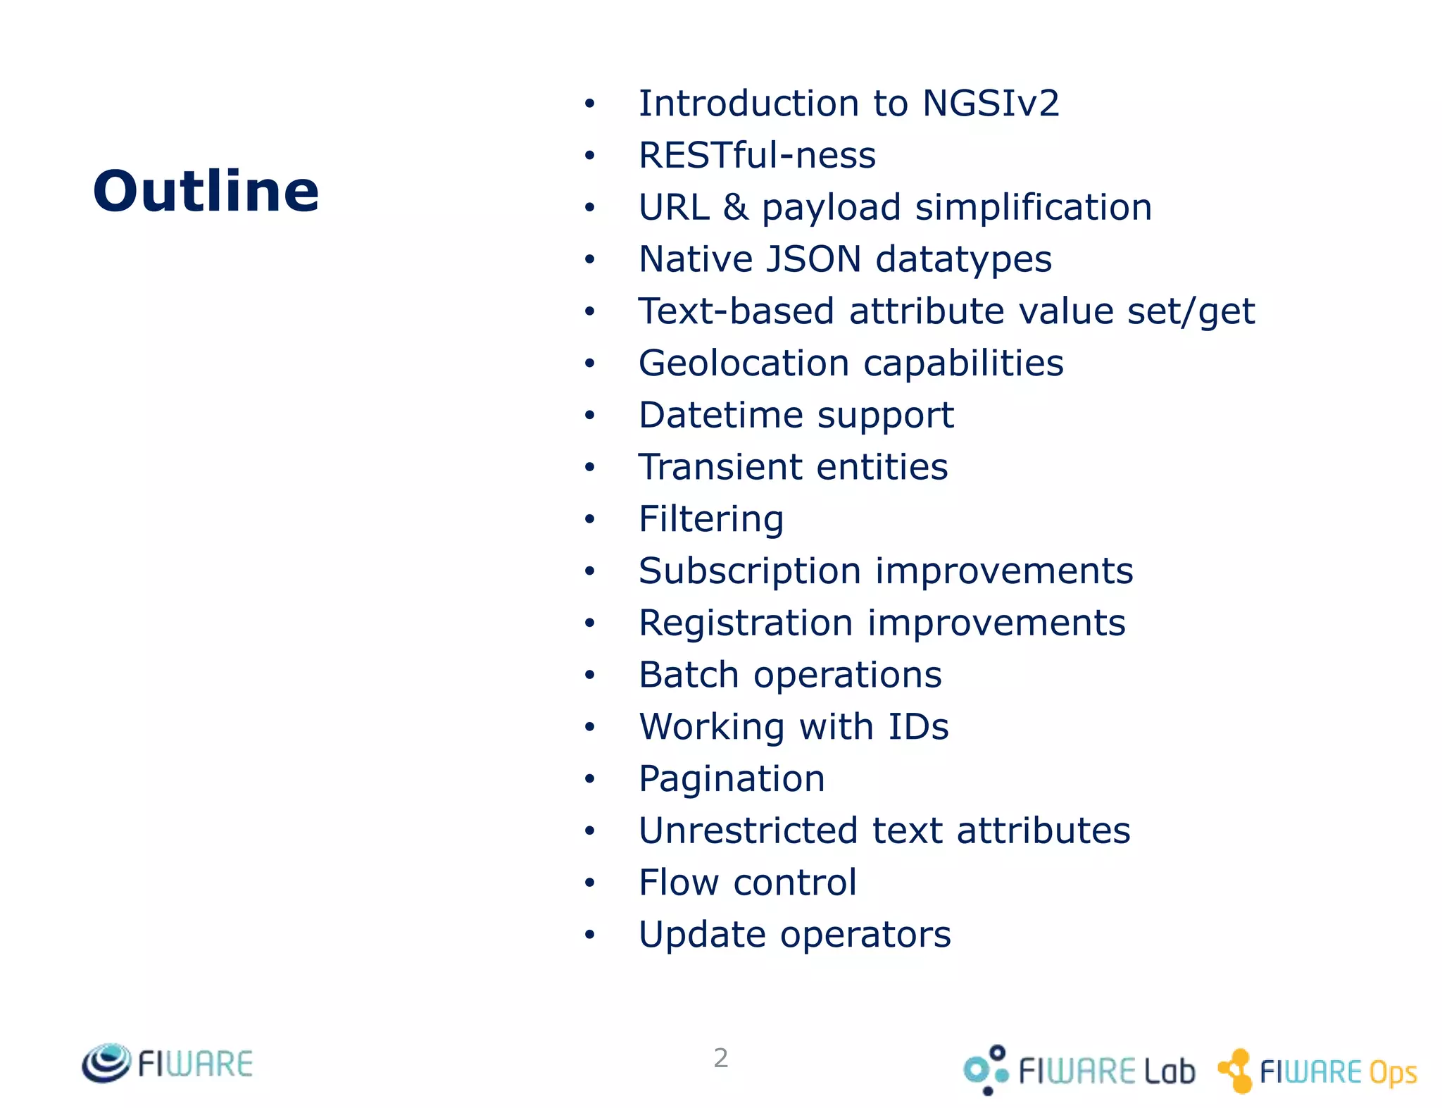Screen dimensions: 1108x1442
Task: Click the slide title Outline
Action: click(x=206, y=191)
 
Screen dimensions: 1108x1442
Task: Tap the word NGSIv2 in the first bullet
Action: click(x=990, y=104)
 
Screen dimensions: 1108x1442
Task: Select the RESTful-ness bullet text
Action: click(x=757, y=156)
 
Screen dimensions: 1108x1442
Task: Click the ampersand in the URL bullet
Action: click(x=735, y=207)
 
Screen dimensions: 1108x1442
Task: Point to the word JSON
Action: click(x=813, y=259)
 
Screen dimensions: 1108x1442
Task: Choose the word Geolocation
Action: click(x=744, y=363)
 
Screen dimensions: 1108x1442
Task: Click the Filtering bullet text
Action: click(x=711, y=519)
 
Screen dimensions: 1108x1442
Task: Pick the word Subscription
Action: click(x=750, y=571)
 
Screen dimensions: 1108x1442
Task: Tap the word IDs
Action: click(x=918, y=727)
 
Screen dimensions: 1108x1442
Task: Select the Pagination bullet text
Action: click(x=732, y=779)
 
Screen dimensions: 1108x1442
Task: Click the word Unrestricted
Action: click(x=748, y=830)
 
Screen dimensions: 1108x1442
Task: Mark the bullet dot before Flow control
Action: click(x=589, y=883)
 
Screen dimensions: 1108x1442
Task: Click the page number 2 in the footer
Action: click(x=720, y=1058)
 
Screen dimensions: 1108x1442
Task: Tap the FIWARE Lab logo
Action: click(x=1079, y=1070)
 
